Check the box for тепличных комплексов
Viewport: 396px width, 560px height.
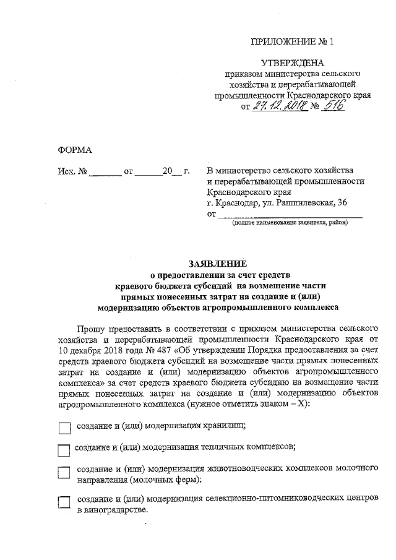[x=63, y=450]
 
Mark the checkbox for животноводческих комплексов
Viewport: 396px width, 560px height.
[x=63, y=472]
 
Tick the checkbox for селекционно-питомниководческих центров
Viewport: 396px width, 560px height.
[x=63, y=502]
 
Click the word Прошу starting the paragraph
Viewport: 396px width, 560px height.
[x=92, y=328]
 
